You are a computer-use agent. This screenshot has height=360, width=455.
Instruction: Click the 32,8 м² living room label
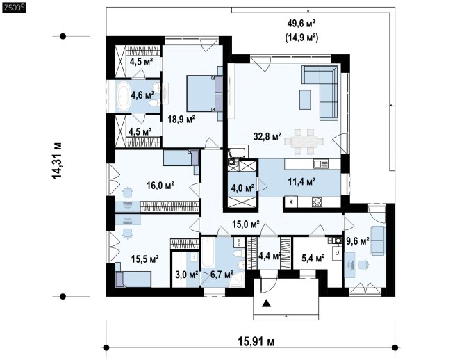tap(267, 136)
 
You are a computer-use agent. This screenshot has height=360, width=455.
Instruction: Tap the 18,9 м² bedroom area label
tap(181, 119)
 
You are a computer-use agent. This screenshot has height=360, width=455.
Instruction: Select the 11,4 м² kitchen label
tap(301, 182)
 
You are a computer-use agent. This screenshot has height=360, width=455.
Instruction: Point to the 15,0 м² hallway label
tap(246, 224)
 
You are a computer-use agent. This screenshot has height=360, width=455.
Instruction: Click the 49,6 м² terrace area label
tap(301, 24)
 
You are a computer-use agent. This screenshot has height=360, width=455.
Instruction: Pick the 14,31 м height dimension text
tap(57, 161)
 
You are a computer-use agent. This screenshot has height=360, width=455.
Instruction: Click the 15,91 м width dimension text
tap(256, 341)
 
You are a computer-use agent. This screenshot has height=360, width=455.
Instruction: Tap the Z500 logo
tap(14, 8)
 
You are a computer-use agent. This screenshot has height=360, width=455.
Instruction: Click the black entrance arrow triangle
tap(266, 304)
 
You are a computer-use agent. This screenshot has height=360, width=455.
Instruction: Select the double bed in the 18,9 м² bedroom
tap(204, 94)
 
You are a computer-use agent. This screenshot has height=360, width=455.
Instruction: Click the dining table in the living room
tap(304, 141)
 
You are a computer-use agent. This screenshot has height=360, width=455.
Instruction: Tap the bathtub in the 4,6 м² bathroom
tap(123, 96)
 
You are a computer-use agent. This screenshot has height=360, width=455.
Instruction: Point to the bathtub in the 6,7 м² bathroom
tap(208, 252)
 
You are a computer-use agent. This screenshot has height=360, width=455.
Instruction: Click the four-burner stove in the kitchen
tap(317, 202)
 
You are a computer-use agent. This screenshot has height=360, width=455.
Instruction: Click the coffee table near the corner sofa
tap(305, 99)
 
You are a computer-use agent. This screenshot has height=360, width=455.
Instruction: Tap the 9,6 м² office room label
tap(357, 240)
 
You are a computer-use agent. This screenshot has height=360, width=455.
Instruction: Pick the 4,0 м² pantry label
tap(242, 188)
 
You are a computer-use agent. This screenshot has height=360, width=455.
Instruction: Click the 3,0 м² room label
tap(187, 275)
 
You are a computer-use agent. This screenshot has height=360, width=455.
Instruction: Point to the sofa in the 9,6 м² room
tap(378, 241)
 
